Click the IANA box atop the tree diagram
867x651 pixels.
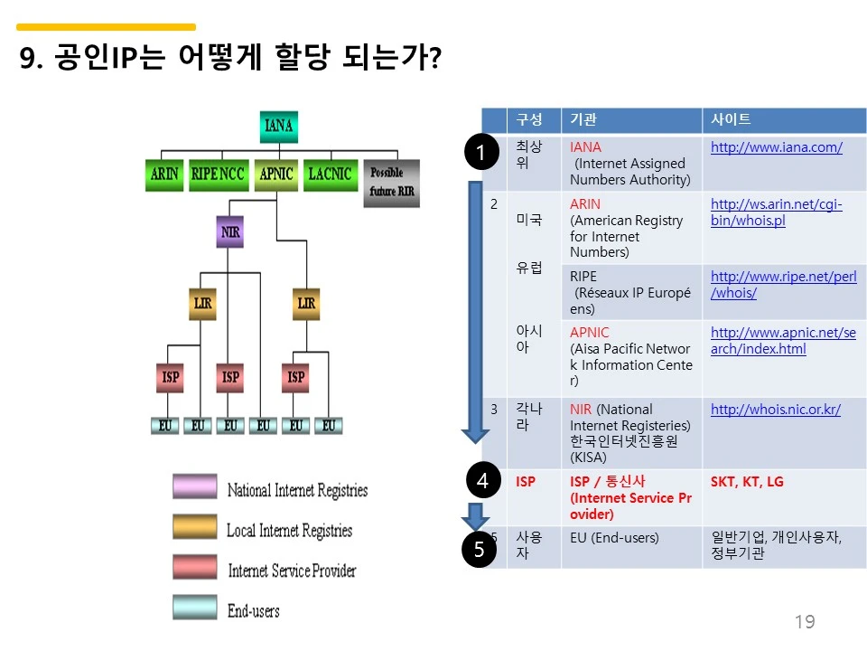[279, 127]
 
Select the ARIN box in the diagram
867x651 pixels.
[163, 174]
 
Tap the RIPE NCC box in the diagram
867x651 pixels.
[218, 174]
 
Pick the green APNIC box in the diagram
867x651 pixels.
[276, 174]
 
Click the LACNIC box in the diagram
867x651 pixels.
[329, 174]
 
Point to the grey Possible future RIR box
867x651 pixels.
[391, 183]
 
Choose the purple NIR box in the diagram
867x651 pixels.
[231, 232]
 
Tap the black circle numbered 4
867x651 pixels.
[482, 481]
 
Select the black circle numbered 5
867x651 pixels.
[480, 549]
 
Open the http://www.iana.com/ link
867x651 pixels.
[776, 147]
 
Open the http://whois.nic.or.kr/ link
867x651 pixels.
[775, 410]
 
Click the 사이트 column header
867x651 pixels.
[731, 120]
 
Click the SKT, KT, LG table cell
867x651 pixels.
[747, 482]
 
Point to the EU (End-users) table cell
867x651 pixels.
[614, 538]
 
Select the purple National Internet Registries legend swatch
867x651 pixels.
[195, 487]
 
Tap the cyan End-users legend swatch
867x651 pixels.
[195, 608]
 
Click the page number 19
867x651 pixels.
[804, 622]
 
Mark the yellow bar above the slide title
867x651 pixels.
[107, 27]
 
